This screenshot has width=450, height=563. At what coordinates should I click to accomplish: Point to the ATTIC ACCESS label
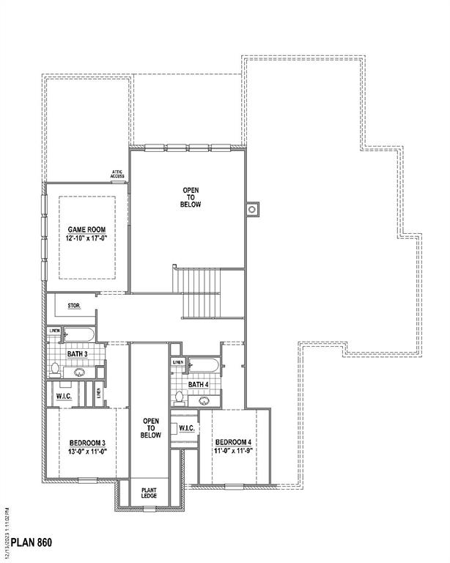(117, 174)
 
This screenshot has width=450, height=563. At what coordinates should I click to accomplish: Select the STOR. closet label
(74, 305)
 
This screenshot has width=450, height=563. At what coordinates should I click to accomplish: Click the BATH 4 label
(198, 385)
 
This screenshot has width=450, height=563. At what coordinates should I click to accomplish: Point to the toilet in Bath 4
(178, 398)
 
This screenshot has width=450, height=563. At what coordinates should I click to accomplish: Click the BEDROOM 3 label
(88, 443)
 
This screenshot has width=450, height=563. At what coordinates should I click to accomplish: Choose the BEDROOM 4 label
(233, 442)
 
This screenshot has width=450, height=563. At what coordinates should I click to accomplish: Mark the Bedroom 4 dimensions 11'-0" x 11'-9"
(233, 452)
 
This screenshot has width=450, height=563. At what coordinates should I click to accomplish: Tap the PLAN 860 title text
(31, 543)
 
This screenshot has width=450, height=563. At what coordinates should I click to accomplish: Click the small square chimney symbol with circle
(251, 209)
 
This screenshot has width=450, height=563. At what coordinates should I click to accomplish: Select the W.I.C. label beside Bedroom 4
(185, 428)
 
